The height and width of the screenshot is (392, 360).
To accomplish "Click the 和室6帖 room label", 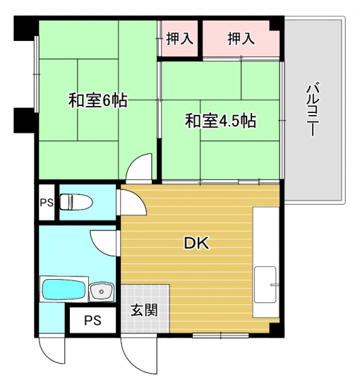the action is [x=98, y=100].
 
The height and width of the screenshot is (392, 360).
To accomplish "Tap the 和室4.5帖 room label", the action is [x=220, y=121].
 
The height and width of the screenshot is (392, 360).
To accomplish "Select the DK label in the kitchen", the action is [x=197, y=243].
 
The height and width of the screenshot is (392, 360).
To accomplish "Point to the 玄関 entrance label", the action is [x=144, y=310].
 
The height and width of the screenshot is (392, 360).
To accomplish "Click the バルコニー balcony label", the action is [x=313, y=110].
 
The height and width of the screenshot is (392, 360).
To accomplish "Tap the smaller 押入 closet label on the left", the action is [x=179, y=39].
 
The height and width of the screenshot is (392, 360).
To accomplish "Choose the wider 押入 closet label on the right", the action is [x=241, y=39].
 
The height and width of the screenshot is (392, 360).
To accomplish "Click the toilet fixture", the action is [x=76, y=202].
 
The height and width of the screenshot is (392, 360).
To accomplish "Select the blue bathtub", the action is [x=64, y=290].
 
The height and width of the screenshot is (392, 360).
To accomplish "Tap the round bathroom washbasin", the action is [x=102, y=291].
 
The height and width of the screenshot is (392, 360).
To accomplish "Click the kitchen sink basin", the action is [x=265, y=285].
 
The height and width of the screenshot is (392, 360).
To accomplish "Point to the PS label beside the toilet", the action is [x=47, y=203].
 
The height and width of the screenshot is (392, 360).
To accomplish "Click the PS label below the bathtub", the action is [x=92, y=320].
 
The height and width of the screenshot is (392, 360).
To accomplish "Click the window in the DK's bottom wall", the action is [x=221, y=335].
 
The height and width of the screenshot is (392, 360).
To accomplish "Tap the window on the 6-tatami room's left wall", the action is [x=37, y=74].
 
